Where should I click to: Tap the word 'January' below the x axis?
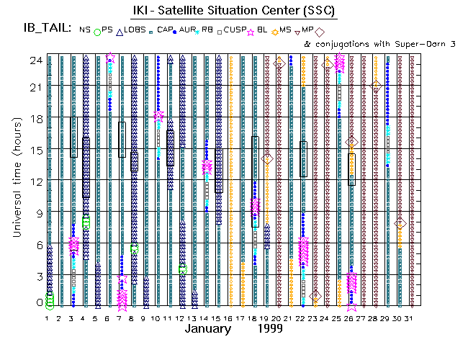coord(208,329)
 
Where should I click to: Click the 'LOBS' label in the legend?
coord(135,30)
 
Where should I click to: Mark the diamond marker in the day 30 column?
coord(400,225)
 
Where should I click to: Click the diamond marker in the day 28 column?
coord(376,85)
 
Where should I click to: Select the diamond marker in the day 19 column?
coord(267,158)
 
